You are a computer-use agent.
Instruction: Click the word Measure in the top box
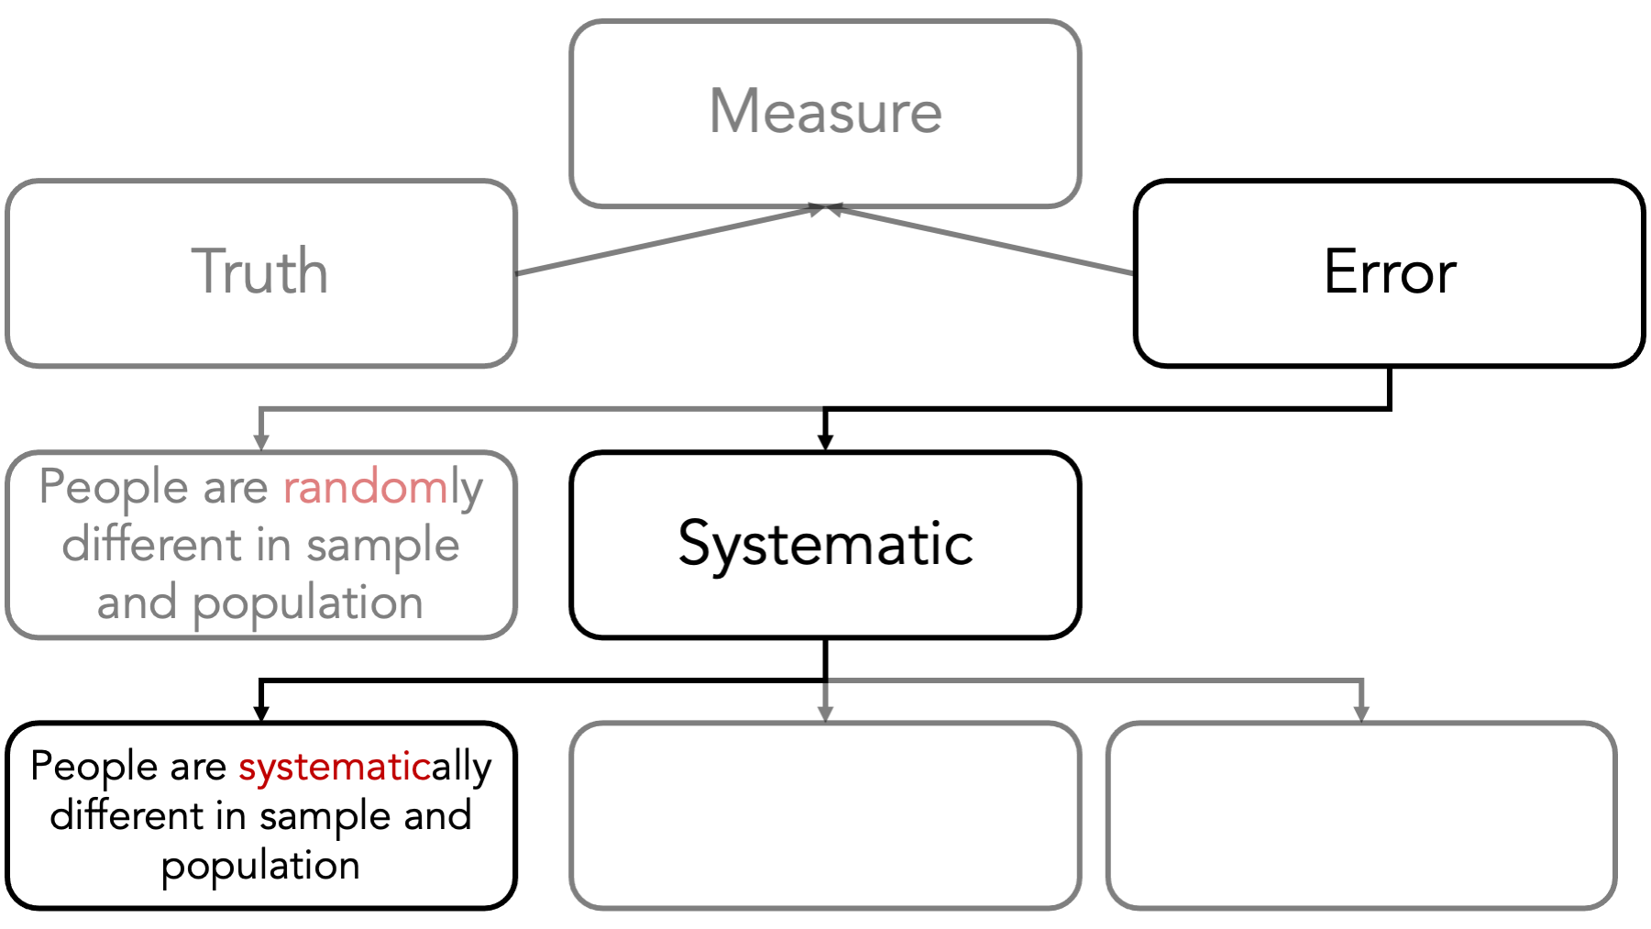(825, 112)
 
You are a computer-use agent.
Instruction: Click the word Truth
(259, 271)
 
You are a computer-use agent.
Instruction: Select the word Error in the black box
(1390, 271)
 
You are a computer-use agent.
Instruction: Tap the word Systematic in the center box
(825, 545)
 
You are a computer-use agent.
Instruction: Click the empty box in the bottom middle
(825, 815)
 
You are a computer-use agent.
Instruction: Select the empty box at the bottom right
(1361, 815)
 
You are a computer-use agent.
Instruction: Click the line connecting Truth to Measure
(670, 240)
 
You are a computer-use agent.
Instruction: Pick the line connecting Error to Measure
(981, 240)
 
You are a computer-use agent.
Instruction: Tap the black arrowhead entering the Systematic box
(825, 442)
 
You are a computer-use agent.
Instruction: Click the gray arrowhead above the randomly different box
(261, 442)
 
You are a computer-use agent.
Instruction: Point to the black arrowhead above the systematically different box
(261, 713)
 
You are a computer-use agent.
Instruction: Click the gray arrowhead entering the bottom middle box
(825, 713)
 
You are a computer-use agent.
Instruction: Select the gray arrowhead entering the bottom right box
(1361, 713)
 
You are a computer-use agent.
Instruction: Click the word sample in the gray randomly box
(382, 547)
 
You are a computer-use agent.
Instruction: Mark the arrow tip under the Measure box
(827, 207)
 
